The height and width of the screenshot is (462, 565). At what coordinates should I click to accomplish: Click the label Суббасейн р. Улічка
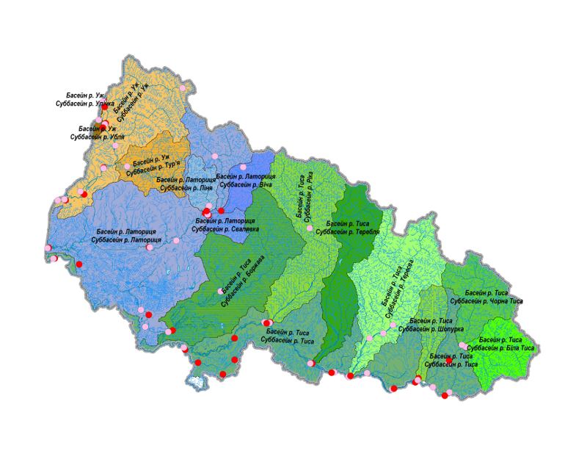[80, 104]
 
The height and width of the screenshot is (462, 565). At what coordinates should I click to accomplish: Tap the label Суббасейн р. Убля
[97, 137]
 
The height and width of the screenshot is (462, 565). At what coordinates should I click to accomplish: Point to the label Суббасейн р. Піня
[186, 188]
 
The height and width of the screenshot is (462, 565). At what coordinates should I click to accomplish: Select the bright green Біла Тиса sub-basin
[506, 364]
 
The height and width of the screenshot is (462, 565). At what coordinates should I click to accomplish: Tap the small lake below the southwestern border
[194, 381]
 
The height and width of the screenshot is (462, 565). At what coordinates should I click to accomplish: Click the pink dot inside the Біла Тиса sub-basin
[462, 345]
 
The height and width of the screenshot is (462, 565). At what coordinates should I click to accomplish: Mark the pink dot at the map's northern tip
[183, 89]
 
